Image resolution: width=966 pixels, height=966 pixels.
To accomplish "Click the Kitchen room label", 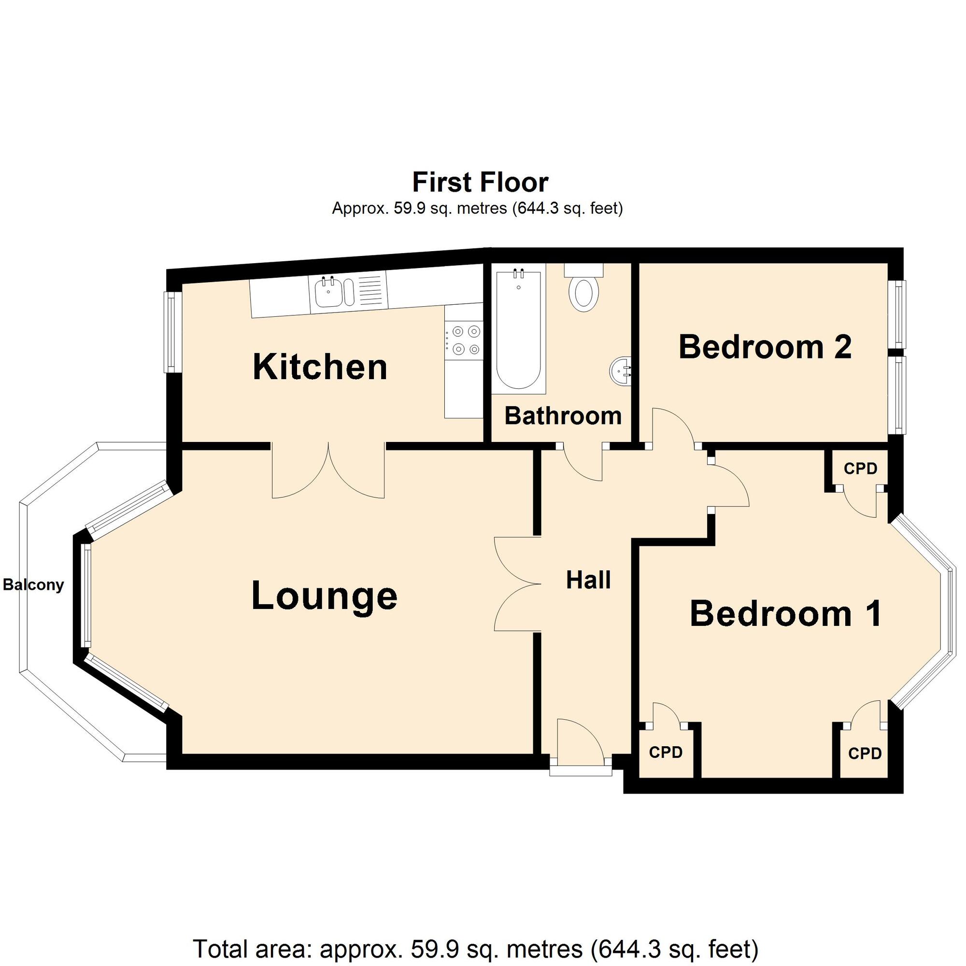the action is coord(320,368).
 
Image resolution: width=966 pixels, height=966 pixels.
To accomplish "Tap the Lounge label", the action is coord(324,596).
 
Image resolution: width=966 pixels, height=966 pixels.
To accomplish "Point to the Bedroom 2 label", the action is coord(765,346).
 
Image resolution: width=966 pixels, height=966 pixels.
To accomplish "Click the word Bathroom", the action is coord(563,416).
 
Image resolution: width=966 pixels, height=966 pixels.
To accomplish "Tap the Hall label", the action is coord(588,581).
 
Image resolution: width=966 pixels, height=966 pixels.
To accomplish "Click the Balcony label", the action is coord(33,585).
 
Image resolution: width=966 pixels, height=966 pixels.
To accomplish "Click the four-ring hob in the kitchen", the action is coord(464,340).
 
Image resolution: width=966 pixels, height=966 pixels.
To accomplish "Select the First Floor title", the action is coord(480,182).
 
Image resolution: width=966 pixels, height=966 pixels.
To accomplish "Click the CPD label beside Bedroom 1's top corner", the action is coord(860,469).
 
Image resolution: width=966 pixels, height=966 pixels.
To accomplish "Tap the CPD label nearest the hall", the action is coord(666,752).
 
